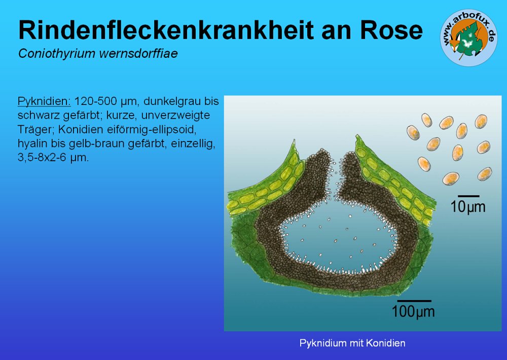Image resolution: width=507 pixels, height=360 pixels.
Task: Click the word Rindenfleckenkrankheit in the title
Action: point(166,30)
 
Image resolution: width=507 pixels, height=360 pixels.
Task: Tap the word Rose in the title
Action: point(391,30)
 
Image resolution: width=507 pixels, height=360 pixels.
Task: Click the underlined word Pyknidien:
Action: point(44,101)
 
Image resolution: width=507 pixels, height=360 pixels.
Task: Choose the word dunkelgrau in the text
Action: point(170,101)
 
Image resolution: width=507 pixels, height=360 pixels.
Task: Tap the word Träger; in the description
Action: point(36,129)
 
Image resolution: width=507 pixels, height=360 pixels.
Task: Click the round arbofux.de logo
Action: point(469,38)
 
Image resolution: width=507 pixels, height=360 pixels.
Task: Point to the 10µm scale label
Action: point(468,207)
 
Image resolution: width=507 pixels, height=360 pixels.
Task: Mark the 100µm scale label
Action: point(413,311)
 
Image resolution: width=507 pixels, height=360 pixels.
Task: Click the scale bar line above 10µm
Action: point(468,196)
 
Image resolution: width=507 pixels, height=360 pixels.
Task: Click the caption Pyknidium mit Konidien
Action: point(352,343)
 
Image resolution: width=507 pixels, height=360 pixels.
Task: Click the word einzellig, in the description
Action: point(193,143)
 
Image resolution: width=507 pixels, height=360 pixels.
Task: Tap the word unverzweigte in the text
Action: point(175,116)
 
